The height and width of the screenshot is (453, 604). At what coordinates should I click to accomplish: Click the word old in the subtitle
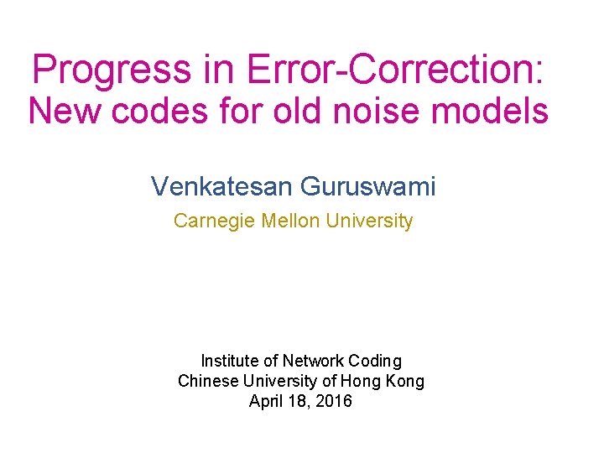pyautogui.click(x=299, y=111)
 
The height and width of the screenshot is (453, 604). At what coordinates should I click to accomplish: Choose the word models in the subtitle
pyautogui.click(x=500, y=111)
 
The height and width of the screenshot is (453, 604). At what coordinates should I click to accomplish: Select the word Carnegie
pyautogui.click(x=215, y=221)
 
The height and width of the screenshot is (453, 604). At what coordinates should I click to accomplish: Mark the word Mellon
pyautogui.click(x=291, y=221)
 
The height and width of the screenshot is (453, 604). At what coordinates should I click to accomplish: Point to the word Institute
pyautogui.click(x=230, y=362)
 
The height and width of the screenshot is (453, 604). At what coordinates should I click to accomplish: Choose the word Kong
pyautogui.click(x=406, y=382)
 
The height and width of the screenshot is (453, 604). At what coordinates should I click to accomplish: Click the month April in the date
pyautogui.click(x=268, y=402)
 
